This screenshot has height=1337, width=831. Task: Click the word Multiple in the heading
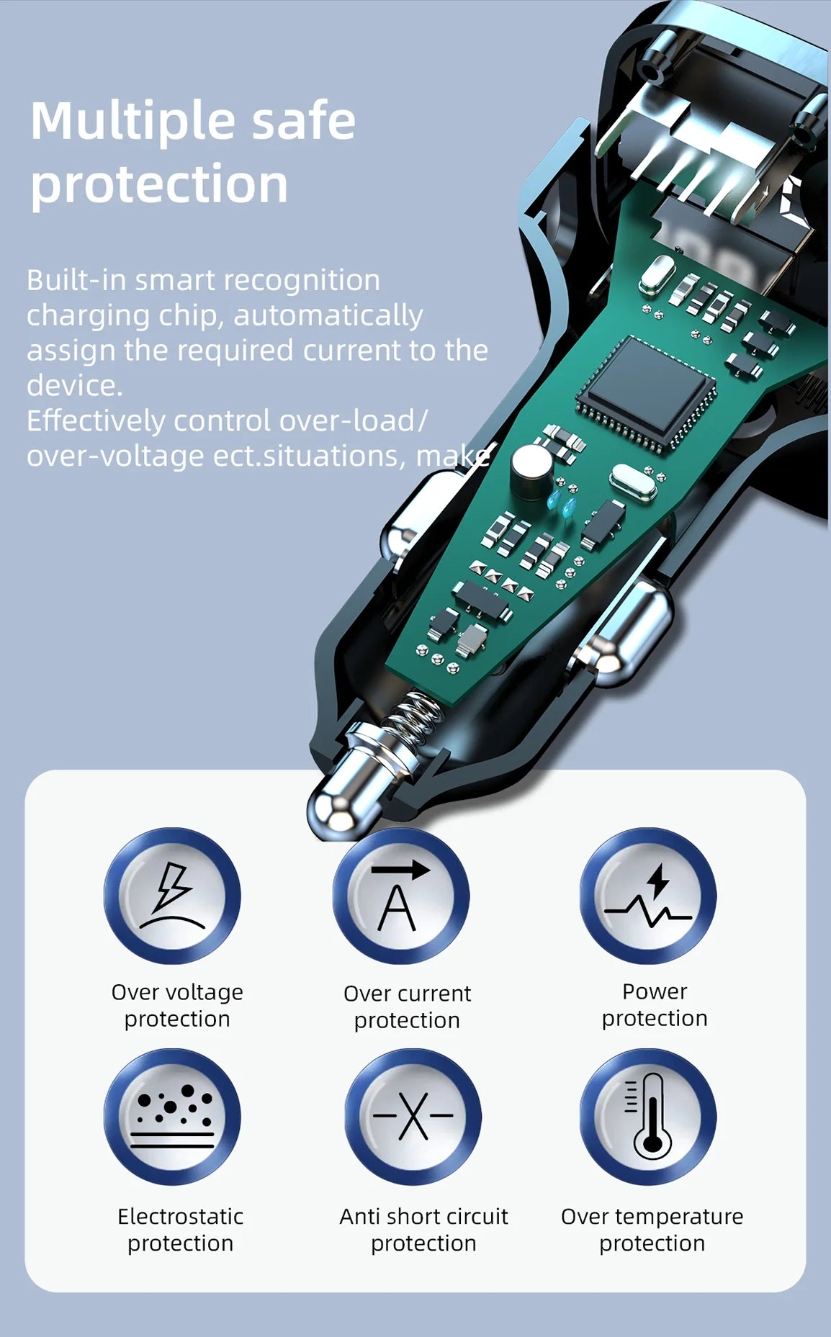pos(133,122)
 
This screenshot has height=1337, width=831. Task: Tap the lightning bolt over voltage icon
pos(173,896)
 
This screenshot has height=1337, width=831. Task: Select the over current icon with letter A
pos(401,896)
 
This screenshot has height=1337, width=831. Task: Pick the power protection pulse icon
pos(648,896)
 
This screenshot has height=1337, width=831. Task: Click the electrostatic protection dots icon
pos(173,1117)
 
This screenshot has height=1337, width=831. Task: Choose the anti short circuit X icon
pos(413,1117)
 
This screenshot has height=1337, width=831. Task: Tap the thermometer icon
pos(648,1117)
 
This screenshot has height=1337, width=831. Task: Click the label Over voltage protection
pos(177,1006)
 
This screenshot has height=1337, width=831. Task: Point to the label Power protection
pos(655,1005)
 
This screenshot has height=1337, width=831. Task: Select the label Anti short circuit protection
pos(423,1230)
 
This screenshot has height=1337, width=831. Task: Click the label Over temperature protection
pos(652,1230)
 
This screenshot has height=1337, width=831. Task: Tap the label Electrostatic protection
pos(180,1230)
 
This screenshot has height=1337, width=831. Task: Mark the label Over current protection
pos(408,1007)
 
